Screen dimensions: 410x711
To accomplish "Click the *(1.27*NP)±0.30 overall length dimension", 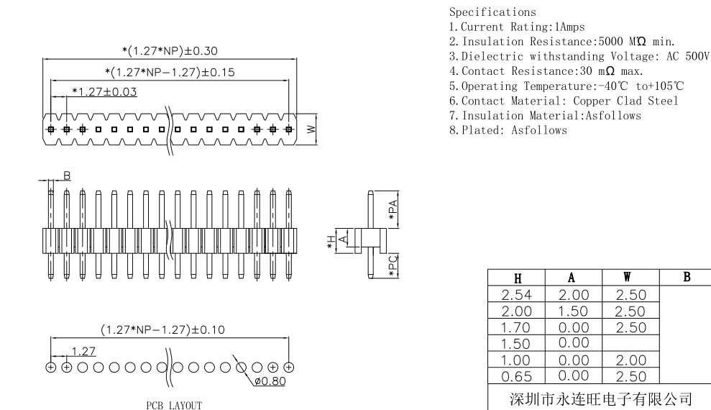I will (x=170, y=50).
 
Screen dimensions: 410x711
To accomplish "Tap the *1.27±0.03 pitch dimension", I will (x=105, y=91).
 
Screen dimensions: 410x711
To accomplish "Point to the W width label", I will (x=310, y=129).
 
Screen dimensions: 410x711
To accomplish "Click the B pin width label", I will (x=66, y=175).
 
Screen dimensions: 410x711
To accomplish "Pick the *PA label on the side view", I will (x=393, y=209).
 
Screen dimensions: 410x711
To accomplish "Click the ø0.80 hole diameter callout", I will (x=270, y=381).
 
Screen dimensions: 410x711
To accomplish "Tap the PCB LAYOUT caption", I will (x=174, y=406).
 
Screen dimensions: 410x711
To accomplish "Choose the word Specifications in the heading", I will (x=492, y=12).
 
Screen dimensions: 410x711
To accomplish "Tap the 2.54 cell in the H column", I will (x=517, y=295).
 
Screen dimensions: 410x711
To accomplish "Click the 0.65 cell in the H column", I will (x=517, y=375).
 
